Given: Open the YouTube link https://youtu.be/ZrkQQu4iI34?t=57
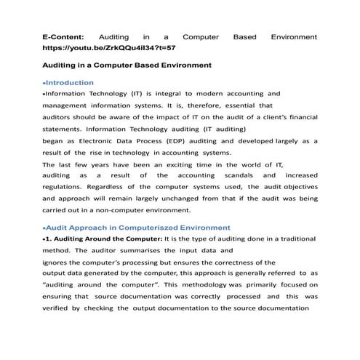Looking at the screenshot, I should click(x=108, y=47).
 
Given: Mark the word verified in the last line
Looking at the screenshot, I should click(x=57, y=308).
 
